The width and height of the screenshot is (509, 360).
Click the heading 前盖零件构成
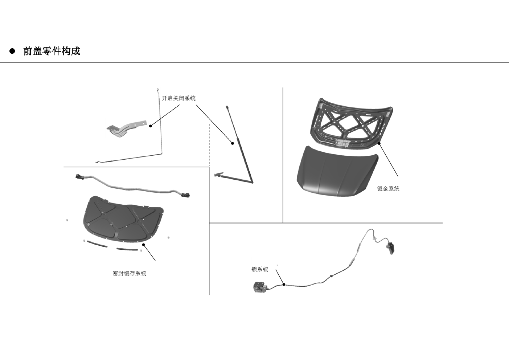pos(52,51)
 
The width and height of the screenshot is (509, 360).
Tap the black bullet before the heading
pos(12,51)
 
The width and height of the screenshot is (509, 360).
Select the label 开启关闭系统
pos(178,98)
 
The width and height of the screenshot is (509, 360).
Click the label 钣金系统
pos(388,189)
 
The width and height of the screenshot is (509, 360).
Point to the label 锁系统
pos(260,269)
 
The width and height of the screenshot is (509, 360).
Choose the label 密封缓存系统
pos(130,273)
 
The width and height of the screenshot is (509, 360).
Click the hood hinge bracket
pos(127,128)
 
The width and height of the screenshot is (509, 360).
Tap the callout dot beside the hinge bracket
pos(151,126)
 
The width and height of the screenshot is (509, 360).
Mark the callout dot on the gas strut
pos(233,143)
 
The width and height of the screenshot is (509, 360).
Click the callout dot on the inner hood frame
pos(379,143)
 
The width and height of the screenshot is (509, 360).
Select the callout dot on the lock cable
pos(284,284)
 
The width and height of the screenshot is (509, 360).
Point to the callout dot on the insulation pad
pos(143,245)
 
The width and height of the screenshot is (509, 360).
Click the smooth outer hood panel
pos(337,172)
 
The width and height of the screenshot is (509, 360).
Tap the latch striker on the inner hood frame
pos(342,144)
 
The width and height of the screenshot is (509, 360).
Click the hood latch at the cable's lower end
pos(259,287)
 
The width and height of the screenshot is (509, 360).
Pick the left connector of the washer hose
pos(80,176)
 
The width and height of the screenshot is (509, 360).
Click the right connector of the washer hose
pos(185,195)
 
